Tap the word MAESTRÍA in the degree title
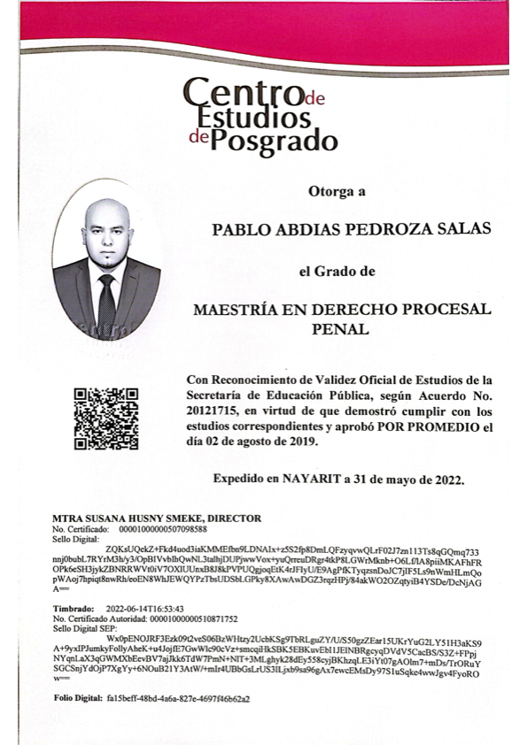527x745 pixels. coord(237,310)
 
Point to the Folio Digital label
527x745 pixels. coord(78,698)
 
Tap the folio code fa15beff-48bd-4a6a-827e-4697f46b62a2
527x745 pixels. coord(178,698)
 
